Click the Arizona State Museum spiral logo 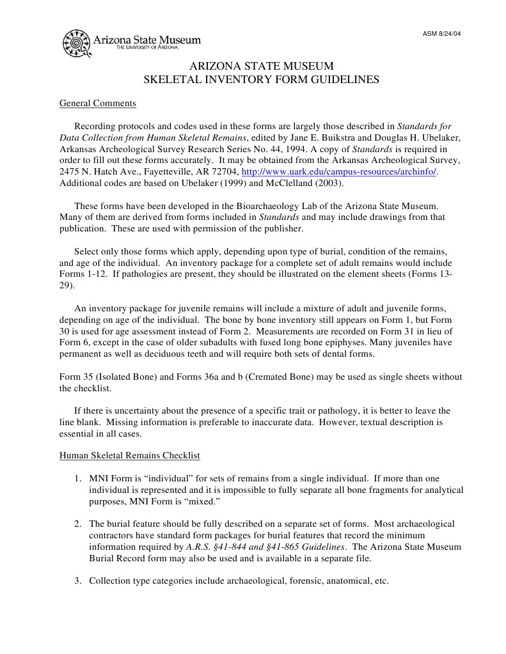click(x=77, y=43)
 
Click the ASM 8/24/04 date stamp click(x=441, y=34)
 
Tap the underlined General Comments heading click(x=97, y=104)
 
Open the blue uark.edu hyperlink click(x=339, y=173)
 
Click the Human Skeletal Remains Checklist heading click(x=130, y=456)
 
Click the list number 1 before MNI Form click(x=77, y=478)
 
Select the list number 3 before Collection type click(x=77, y=581)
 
